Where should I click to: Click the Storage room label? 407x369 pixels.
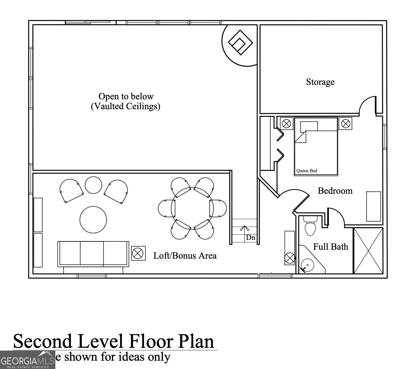[320, 82]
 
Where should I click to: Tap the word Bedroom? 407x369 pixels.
[335, 191]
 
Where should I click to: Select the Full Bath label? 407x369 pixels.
[330, 247]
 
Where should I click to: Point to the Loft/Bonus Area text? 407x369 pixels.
[185, 256]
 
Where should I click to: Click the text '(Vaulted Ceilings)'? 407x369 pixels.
[125, 106]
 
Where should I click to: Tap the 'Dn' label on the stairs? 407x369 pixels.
[250, 238]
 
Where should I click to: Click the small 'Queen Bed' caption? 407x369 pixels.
[306, 171]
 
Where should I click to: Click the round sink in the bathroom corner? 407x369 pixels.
[307, 265]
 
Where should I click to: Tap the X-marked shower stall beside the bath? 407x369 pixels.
[368, 251]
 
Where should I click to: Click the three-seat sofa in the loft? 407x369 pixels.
[93, 254]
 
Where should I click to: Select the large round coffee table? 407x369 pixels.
[93, 220]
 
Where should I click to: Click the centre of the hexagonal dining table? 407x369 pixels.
[192, 208]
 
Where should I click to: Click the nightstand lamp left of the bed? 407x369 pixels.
[286, 124]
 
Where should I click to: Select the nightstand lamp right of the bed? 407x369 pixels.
[346, 124]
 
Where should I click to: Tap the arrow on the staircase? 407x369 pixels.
[244, 229]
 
